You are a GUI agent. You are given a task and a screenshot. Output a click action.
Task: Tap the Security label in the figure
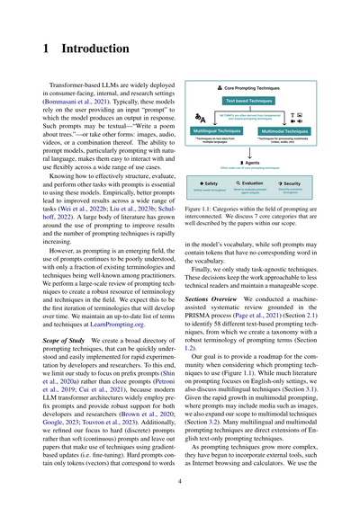(290, 183)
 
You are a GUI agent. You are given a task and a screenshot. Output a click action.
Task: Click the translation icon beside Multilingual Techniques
(200, 118)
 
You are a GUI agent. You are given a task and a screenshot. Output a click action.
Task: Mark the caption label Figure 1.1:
(201, 206)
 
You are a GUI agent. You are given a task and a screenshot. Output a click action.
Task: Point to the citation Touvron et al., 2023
(103, 397)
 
